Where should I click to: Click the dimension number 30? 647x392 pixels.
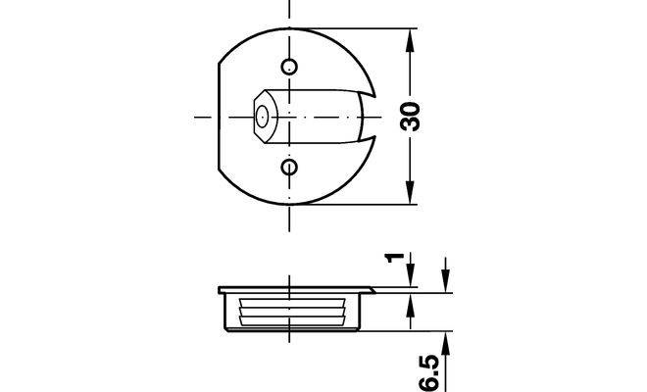click(410, 117)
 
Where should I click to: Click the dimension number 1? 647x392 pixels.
click(394, 258)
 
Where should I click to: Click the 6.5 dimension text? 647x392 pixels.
click(430, 372)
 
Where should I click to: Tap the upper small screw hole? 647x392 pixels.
click(289, 67)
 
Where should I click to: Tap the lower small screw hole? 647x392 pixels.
click(289, 168)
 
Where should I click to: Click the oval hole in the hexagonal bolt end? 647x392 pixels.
click(262, 117)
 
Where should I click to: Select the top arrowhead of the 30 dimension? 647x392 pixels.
click(410, 40)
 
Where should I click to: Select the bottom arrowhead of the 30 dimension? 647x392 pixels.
click(410, 193)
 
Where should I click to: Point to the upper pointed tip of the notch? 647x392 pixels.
click(375, 97)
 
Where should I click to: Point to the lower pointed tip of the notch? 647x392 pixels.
click(375, 136)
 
